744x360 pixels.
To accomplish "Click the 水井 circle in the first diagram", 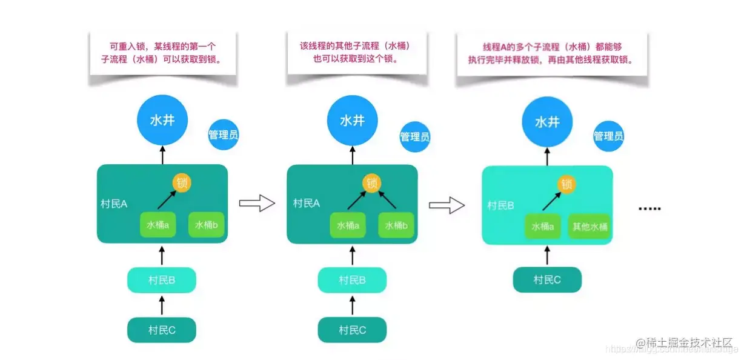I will tap(162, 121).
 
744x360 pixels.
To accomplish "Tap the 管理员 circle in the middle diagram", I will tap(414, 137).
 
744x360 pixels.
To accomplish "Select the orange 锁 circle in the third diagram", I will tap(566, 184).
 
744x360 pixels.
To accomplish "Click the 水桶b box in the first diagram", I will tap(206, 225).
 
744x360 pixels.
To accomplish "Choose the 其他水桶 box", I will tap(590, 227).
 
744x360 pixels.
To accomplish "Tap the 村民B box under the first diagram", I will tap(162, 279).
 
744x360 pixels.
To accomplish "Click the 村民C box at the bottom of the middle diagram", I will tap(352, 330).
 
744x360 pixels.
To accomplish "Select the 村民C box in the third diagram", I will tap(547, 279).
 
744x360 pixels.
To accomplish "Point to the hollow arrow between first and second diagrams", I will tap(257, 204).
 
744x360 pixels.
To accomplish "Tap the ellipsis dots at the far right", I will tap(649, 208).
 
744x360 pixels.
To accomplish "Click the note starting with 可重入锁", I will tap(163, 53).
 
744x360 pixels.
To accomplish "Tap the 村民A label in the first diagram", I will tap(114, 204).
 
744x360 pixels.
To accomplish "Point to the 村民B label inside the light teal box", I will tap(501, 205).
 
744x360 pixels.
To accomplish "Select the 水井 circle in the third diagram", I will tap(546, 121).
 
